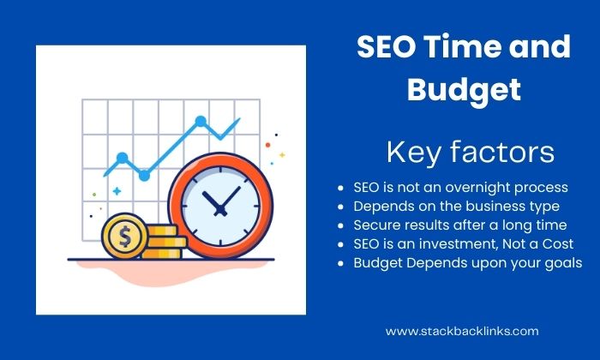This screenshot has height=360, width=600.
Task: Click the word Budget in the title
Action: click(464, 90)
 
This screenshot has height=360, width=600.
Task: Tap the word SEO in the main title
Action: click(386, 46)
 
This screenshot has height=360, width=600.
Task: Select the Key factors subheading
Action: click(471, 153)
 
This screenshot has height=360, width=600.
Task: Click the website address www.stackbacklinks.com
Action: click(462, 331)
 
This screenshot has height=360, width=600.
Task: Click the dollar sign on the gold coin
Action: click(125, 236)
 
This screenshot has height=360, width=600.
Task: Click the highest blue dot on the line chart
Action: click(201, 121)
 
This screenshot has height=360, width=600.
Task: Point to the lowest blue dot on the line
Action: click(144, 176)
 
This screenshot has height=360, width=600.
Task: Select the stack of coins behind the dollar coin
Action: click(165, 242)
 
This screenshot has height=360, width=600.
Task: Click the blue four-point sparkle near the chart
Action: click(117, 191)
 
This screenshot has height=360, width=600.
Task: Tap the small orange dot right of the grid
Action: click(267, 145)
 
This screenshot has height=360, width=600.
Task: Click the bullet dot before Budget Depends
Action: click(341, 264)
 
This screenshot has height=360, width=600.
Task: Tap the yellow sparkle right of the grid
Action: click(282, 155)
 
